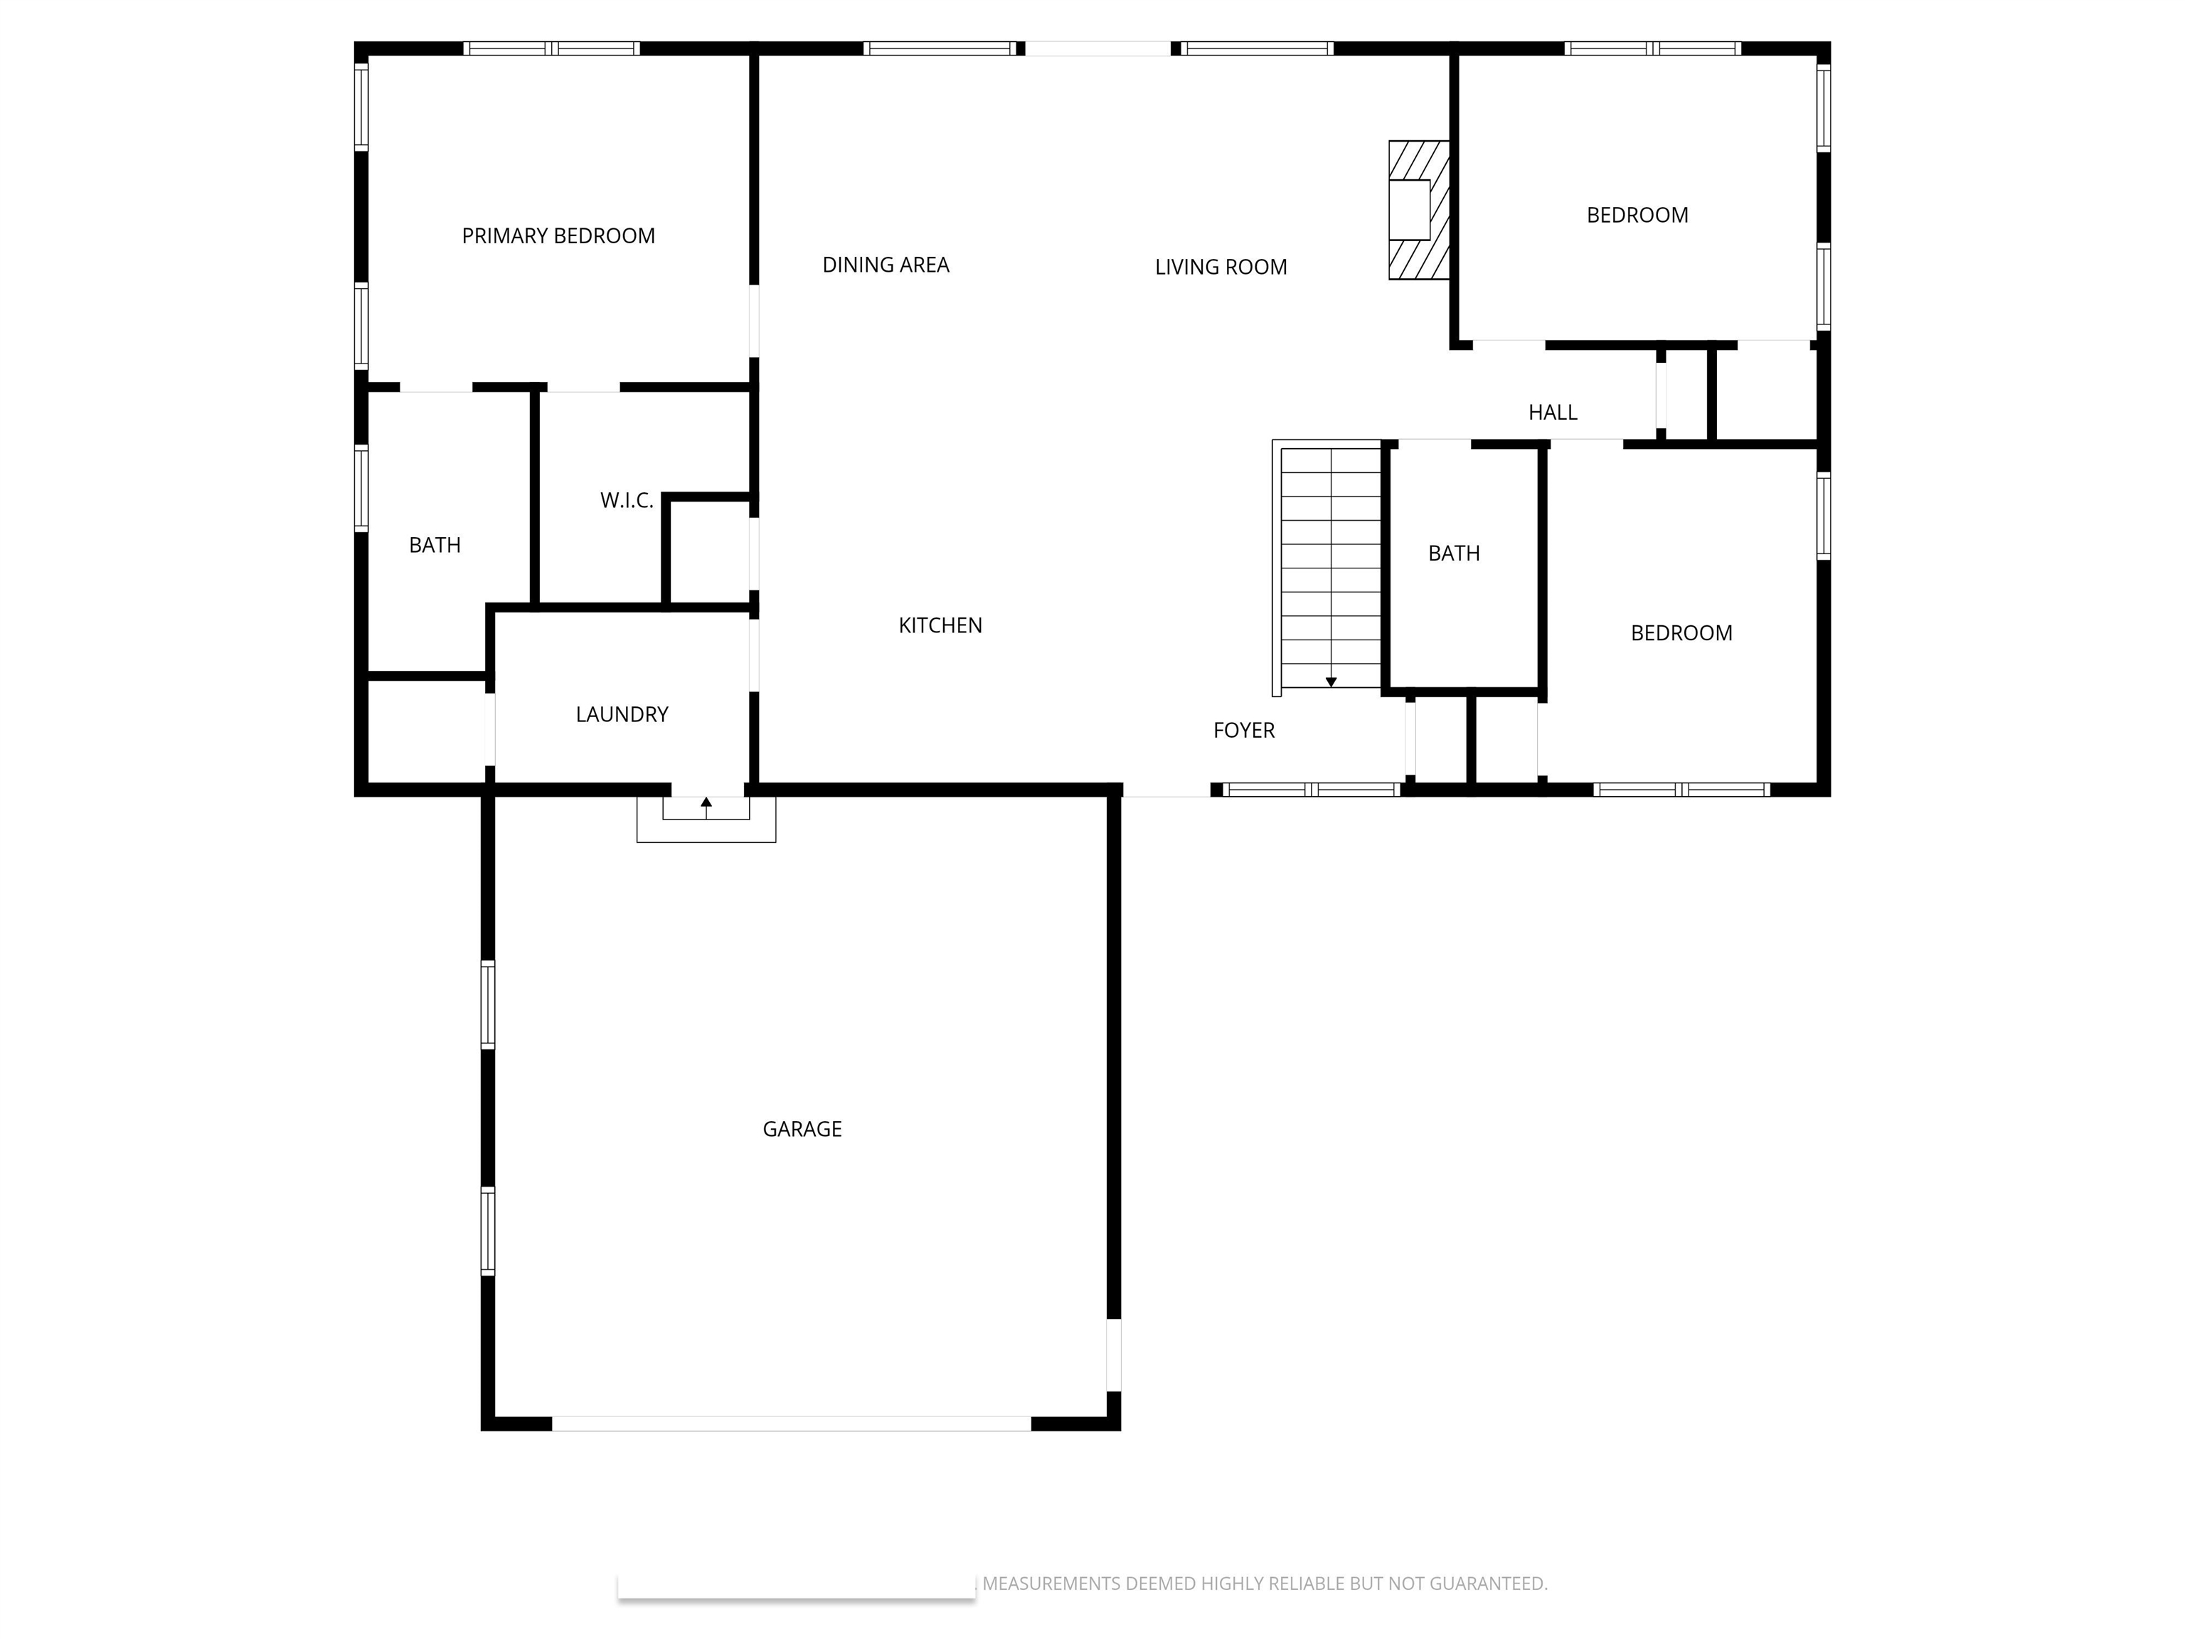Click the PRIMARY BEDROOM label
[x=558, y=236]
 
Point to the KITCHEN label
[x=940, y=625]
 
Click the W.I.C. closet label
[x=626, y=501]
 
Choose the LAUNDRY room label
[x=622, y=714]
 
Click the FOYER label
[x=1243, y=730]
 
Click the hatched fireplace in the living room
[x=1418, y=209]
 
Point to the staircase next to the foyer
[x=1329, y=568]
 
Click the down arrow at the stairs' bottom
[x=1331, y=681]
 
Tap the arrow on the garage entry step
[x=706, y=804]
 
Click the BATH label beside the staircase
[x=1453, y=553]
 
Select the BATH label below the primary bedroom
[x=435, y=546]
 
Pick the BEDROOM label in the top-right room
[x=1637, y=216]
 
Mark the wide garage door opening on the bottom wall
[x=790, y=1423]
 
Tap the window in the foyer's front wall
[x=1311, y=790]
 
